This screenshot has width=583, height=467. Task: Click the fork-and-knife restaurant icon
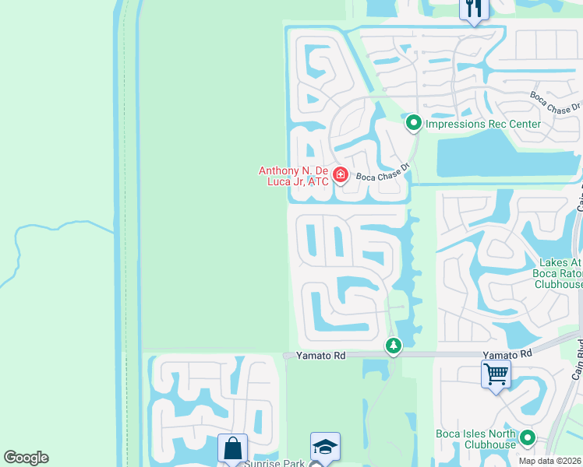[474, 9]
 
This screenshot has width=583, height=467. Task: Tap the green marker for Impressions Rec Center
[414, 123]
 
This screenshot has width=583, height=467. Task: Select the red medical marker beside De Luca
[340, 176]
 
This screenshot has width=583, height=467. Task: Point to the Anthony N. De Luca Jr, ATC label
[293, 176]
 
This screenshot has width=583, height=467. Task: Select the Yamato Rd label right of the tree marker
[507, 354]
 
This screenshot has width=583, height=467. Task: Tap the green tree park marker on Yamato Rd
[394, 345]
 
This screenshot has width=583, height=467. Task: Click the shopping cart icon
[496, 374]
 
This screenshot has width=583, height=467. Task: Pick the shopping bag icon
[232, 448]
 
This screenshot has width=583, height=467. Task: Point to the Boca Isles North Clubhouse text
[477, 439]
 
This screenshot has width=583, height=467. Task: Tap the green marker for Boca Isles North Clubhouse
[528, 439]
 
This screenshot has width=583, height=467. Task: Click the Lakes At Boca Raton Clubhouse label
[557, 273]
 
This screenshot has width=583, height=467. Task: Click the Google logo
[26, 458]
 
